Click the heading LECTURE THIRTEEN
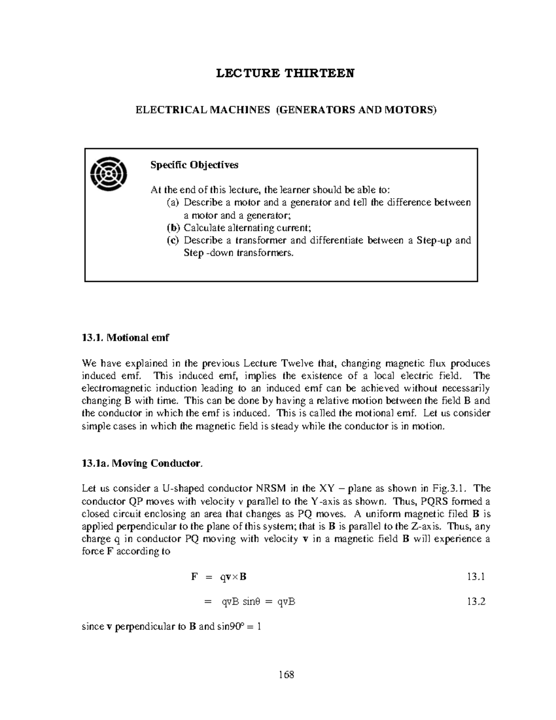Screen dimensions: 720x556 (x=285, y=73)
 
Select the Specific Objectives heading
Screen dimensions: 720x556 (x=194, y=165)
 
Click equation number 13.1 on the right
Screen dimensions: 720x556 (x=476, y=577)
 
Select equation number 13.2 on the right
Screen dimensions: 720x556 (x=476, y=602)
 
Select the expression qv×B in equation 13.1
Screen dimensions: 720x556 (x=233, y=577)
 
